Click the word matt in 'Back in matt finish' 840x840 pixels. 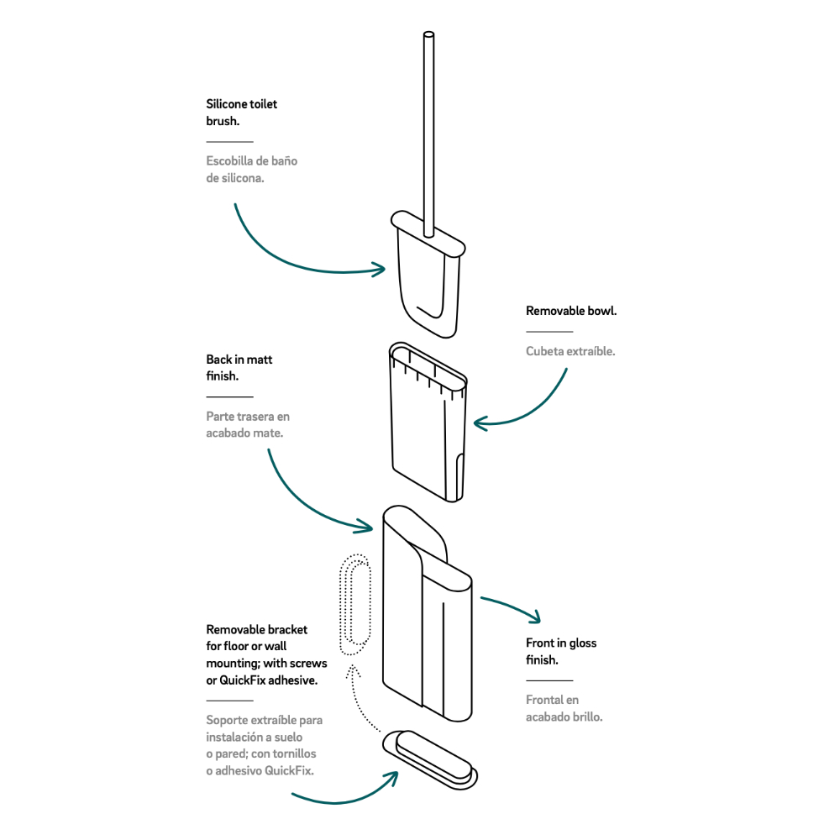(x=260, y=360)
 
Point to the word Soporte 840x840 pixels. (x=228, y=720)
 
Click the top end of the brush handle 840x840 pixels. (x=429, y=36)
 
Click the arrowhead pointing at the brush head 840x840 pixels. (x=380, y=269)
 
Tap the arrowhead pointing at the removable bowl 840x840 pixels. (x=480, y=421)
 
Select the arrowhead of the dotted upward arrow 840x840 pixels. (x=354, y=671)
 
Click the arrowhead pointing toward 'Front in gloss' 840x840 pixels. (x=534, y=617)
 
